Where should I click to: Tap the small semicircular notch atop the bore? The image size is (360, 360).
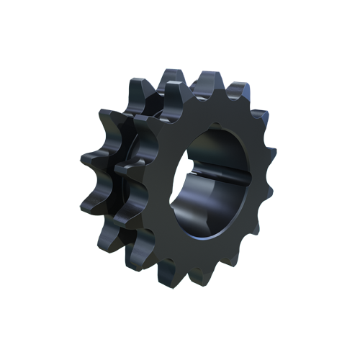click(x=216, y=130)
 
